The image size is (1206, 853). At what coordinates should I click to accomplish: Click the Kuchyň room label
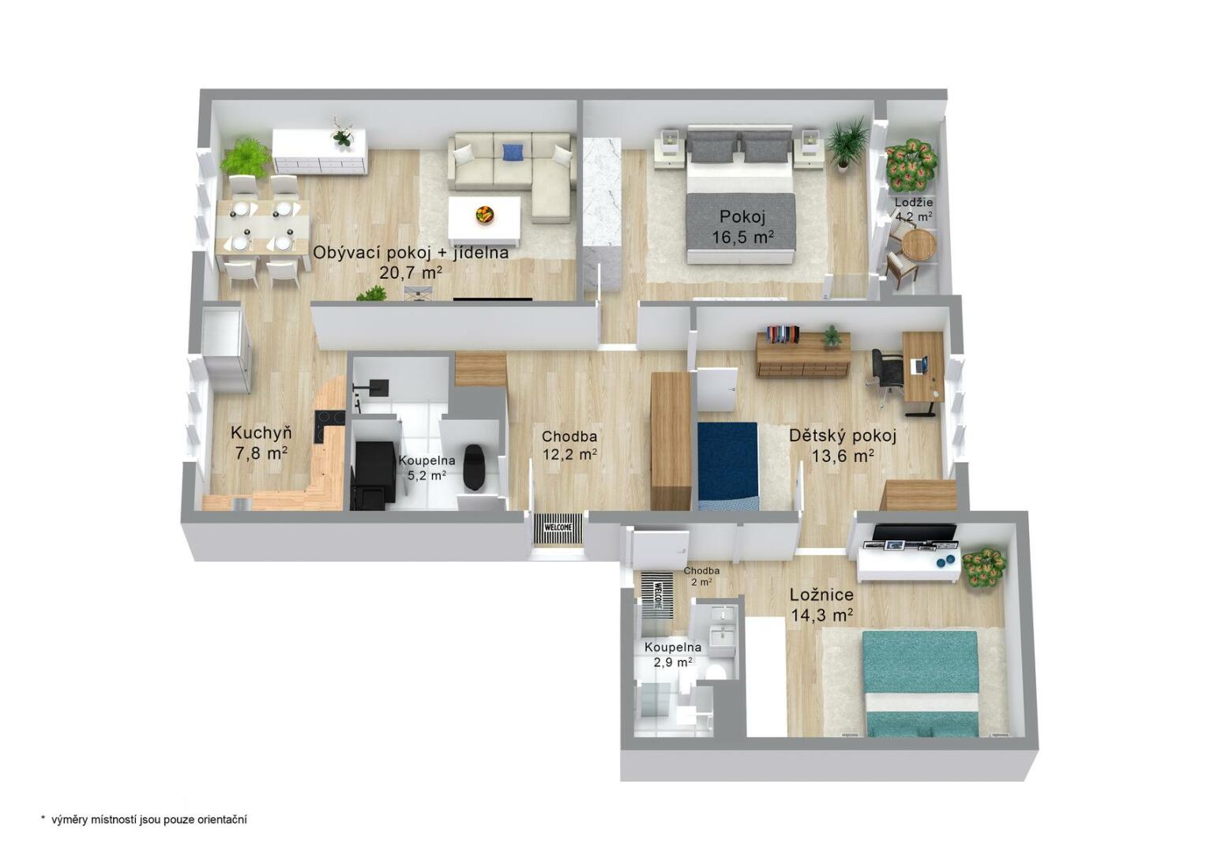coord(261,433)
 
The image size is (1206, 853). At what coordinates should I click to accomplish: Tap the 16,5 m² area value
coord(743,237)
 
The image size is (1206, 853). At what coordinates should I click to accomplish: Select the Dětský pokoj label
coord(843,436)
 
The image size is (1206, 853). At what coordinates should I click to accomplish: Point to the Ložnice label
coord(821,595)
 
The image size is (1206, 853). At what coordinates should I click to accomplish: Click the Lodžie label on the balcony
coord(914,202)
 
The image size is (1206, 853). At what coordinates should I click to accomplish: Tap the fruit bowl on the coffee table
coord(485,214)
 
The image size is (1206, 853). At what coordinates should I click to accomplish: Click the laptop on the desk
coord(919,366)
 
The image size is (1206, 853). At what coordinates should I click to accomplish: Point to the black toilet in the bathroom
coord(474,467)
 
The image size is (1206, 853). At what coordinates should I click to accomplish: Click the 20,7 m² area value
coord(411,272)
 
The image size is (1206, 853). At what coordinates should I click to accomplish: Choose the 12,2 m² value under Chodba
coord(569,455)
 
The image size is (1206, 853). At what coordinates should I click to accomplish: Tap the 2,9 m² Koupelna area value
coord(673,663)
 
